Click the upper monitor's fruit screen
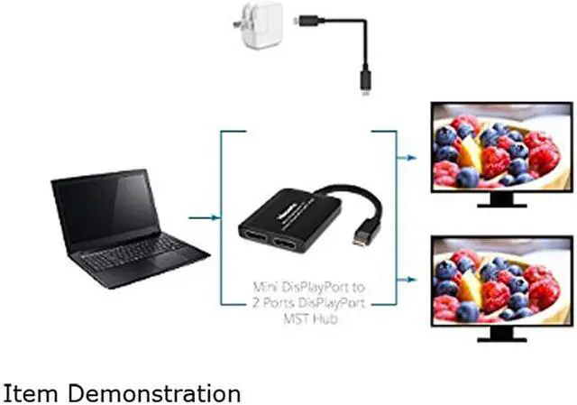(x=499, y=150)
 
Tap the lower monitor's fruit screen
(x=499, y=279)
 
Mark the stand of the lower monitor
(x=501, y=333)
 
